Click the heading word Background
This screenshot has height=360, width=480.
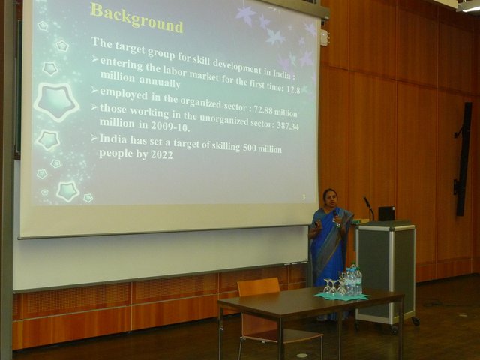136,18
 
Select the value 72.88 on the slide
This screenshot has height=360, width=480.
263,110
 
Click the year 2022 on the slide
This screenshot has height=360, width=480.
162,155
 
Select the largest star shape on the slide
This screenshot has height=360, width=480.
57,101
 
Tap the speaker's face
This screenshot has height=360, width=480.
331,197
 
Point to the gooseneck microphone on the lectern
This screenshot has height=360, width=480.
369,208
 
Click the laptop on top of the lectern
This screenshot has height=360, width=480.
386,214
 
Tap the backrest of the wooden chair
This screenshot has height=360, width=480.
259,286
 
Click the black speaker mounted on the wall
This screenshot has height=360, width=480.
462,159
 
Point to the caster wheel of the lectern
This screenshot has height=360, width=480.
415,321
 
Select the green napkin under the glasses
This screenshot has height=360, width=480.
342,295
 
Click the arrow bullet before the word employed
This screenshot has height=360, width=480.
94,91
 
